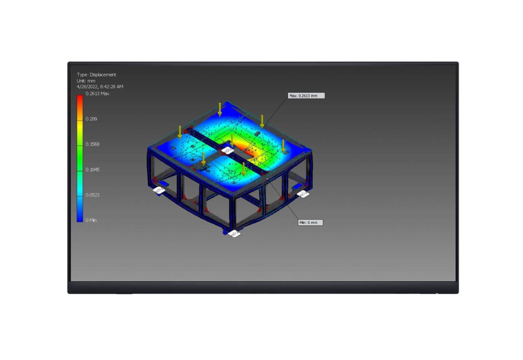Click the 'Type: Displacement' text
[x=97, y=75]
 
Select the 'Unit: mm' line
[x=86, y=81]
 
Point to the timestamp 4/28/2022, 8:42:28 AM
[x=100, y=87]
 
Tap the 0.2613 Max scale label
[x=98, y=93]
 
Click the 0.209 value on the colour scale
[x=91, y=118]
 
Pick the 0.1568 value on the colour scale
[x=92, y=144]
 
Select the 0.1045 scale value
[x=92, y=170]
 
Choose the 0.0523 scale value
[x=92, y=195]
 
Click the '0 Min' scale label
[x=91, y=220]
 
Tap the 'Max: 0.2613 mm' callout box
[x=306, y=95]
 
